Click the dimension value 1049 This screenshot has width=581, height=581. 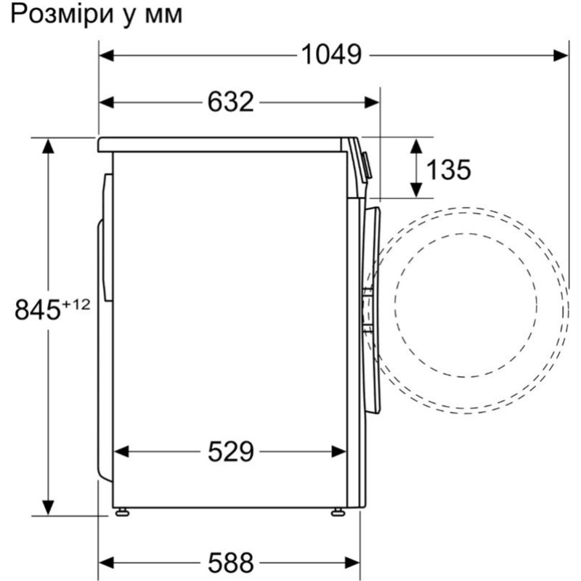331,55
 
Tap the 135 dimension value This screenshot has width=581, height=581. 448,169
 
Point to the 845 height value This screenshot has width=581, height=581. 37,311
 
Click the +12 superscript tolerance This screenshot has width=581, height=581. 76,304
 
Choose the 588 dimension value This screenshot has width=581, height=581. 230,561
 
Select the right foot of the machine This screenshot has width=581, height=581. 338,512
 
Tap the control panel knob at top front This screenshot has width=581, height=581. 366,166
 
